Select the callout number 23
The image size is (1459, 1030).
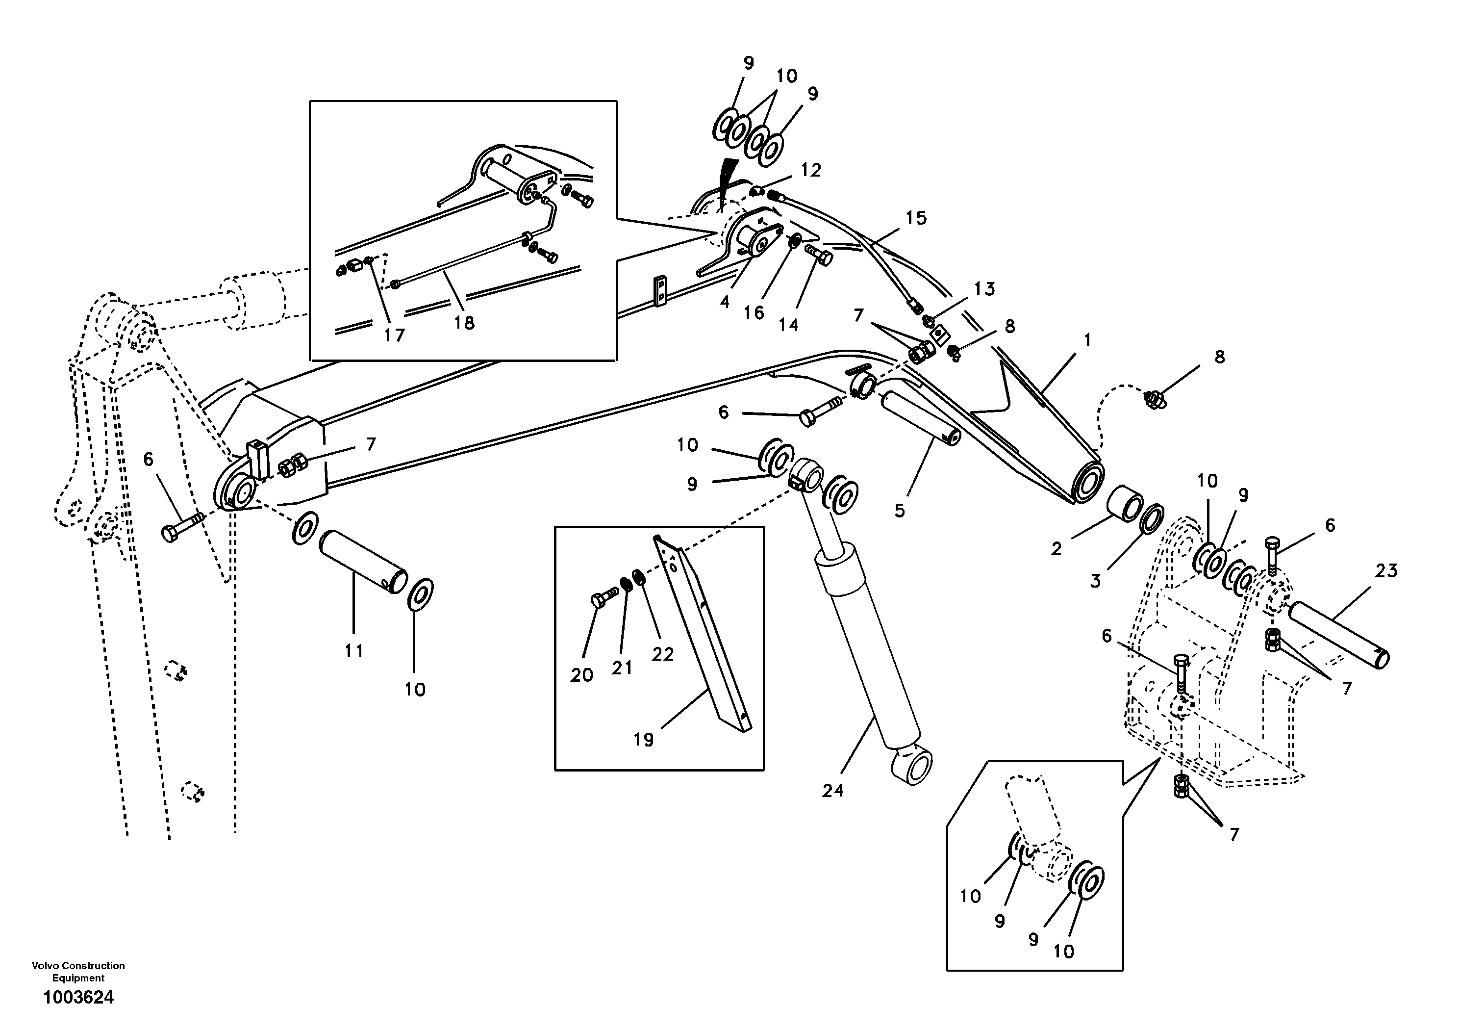pos(1386,570)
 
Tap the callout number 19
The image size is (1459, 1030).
pos(643,740)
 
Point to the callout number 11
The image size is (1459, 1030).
pos(354,650)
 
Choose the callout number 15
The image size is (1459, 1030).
pos(916,218)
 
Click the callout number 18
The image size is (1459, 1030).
pos(464,323)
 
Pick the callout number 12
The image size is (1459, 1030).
pos(811,170)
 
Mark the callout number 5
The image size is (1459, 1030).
pos(899,511)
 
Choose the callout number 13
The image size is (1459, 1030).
pos(984,289)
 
